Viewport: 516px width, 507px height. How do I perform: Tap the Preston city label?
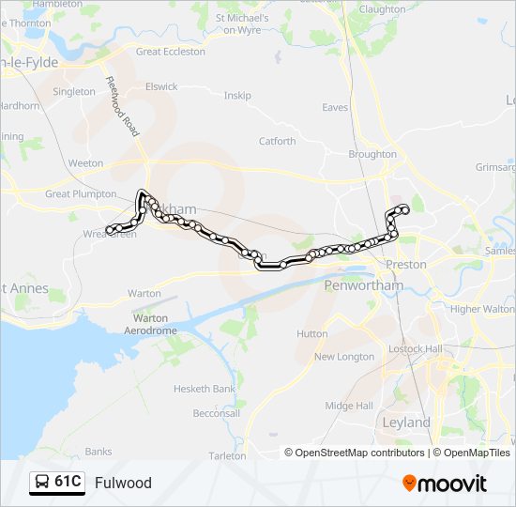click(x=406, y=265)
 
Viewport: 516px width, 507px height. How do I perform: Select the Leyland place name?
click(x=406, y=422)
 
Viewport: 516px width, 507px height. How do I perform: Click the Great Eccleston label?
click(x=171, y=52)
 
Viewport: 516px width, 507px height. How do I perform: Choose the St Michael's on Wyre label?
click(x=242, y=23)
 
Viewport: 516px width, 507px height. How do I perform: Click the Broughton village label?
click(x=372, y=154)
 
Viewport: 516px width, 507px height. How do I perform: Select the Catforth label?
click(x=277, y=142)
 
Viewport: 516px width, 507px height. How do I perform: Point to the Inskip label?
click(x=237, y=95)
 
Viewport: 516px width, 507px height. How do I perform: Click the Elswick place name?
click(x=161, y=86)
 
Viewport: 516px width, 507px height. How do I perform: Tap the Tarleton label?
click(x=227, y=455)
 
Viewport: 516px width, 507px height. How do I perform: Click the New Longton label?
click(x=344, y=357)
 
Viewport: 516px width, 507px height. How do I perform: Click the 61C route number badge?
click(x=68, y=483)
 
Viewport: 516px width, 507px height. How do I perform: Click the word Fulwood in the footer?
click(x=123, y=484)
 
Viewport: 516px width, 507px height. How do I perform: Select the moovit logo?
click(x=445, y=484)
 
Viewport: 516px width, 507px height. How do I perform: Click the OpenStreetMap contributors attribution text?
click(x=359, y=453)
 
